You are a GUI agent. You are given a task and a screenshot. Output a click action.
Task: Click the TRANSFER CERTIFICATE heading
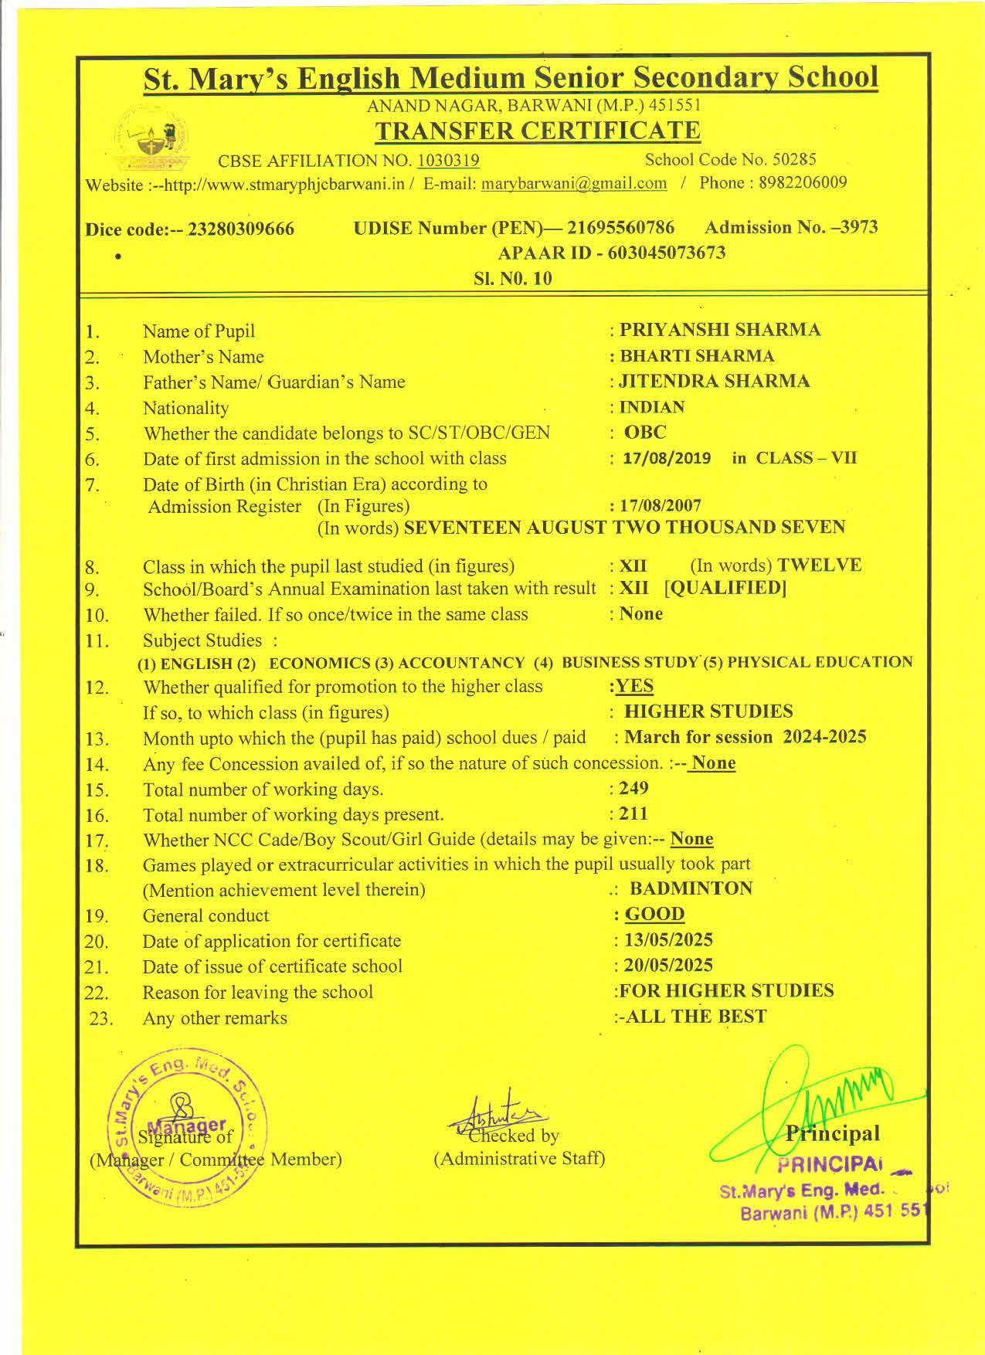tap(538, 131)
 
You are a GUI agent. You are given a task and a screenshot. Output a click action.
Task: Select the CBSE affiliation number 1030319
tap(448, 161)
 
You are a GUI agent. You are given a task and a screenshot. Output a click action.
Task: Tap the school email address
tap(574, 184)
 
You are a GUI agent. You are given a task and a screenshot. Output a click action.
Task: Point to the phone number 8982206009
tap(803, 182)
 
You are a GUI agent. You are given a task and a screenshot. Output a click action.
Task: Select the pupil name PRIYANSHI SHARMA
tap(720, 330)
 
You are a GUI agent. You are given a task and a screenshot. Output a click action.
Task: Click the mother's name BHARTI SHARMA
tap(697, 356)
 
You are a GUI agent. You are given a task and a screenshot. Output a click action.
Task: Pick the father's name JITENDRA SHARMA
tap(715, 382)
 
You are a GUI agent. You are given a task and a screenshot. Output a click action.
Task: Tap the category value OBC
tap(645, 433)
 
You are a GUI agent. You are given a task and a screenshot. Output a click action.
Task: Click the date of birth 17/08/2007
tap(661, 506)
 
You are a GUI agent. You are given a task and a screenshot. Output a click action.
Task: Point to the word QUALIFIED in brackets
tap(725, 588)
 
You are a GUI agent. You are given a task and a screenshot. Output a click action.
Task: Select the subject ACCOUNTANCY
tap(461, 664)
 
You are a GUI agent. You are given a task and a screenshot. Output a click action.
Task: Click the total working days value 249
tap(633, 789)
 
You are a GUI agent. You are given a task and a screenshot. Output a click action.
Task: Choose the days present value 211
tap(633, 814)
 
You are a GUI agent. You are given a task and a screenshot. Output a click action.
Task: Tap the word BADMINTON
tap(691, 888)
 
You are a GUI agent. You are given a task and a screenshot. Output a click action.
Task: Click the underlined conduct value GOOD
tap(654, 915)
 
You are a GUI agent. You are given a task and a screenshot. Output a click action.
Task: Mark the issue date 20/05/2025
tap(668, 966)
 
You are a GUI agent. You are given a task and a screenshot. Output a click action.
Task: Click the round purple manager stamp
tap(187, 1127)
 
